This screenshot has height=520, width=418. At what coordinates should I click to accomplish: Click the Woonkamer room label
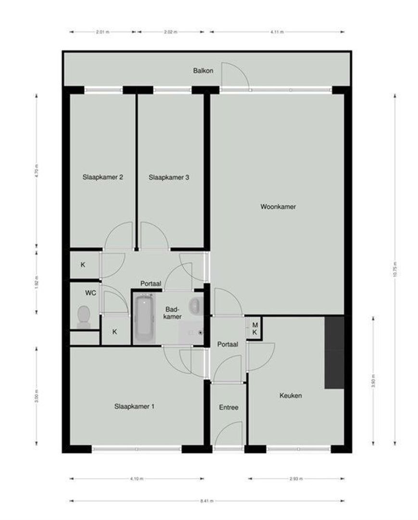pos(278,207)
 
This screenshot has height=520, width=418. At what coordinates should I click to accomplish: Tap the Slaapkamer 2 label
pos(103,177)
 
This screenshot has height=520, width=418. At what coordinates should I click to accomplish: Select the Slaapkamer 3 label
pos(168,177)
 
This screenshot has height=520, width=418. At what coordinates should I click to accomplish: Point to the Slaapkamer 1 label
pos(134,406)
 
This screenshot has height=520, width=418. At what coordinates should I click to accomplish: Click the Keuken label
pos(291,396)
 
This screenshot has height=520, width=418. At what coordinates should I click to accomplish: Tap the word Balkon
pos(203,71)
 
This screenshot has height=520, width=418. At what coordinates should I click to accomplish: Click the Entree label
pos(228,407)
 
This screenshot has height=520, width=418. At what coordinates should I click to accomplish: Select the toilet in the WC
pos(84,317)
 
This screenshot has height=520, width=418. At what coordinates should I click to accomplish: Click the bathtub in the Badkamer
pos(143,319)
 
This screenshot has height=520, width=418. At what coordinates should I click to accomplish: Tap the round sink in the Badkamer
pos(195,306)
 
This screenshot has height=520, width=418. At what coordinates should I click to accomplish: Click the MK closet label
pos(255,328)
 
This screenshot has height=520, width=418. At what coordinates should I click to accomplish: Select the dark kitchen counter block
pos(334,352)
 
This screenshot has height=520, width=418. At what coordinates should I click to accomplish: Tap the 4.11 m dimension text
pos(277,32)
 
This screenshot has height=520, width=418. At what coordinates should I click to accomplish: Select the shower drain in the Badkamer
pos(200,332)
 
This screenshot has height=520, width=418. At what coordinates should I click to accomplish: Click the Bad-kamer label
pos(172,313)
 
